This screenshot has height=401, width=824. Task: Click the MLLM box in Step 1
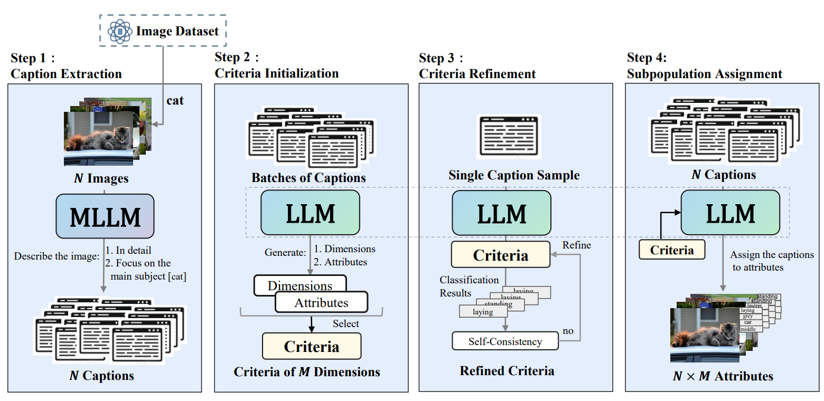(x=105, y=216)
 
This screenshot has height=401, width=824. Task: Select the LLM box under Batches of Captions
(x=310, y=213)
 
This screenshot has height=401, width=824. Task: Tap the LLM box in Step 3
(x=501, y=213)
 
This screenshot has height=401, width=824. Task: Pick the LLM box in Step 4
(x=730, y=213)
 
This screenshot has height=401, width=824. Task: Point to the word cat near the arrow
(x=175, y=100)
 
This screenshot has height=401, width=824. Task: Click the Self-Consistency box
(x=505, y=341)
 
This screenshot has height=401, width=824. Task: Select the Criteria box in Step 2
(x=312, y=346)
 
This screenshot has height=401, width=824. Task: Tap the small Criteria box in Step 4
(x=672, y=250)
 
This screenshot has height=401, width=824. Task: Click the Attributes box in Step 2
(x=321, y=302)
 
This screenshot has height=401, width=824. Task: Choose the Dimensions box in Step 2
(x=300, y=285)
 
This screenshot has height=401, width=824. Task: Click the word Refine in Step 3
(x=576, y=245)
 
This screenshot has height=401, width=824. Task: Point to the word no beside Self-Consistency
(x=568, y=331)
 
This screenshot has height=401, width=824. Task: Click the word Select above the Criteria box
(x=345, y=323)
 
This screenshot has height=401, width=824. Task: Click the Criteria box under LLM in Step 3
(x=500, y=256)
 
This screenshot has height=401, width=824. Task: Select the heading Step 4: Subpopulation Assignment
(x=704, y=66)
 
